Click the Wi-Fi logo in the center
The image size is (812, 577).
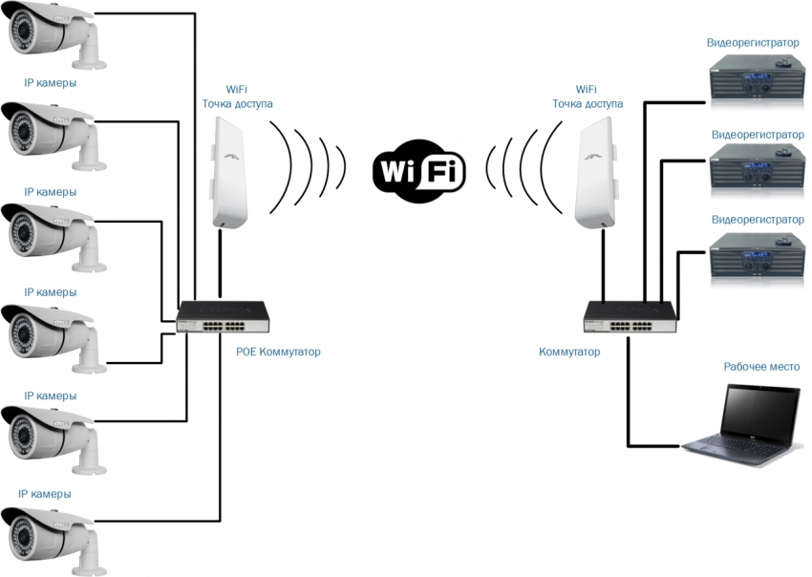(418, 171)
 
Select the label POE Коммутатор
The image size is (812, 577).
(278, 352)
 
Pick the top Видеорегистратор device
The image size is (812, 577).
(755, 75)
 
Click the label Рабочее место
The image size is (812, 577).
(761, 366)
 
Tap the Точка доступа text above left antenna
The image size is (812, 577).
(237, 103)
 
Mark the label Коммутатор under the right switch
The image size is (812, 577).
(569, 352)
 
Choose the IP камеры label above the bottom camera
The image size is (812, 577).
(45, 494)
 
